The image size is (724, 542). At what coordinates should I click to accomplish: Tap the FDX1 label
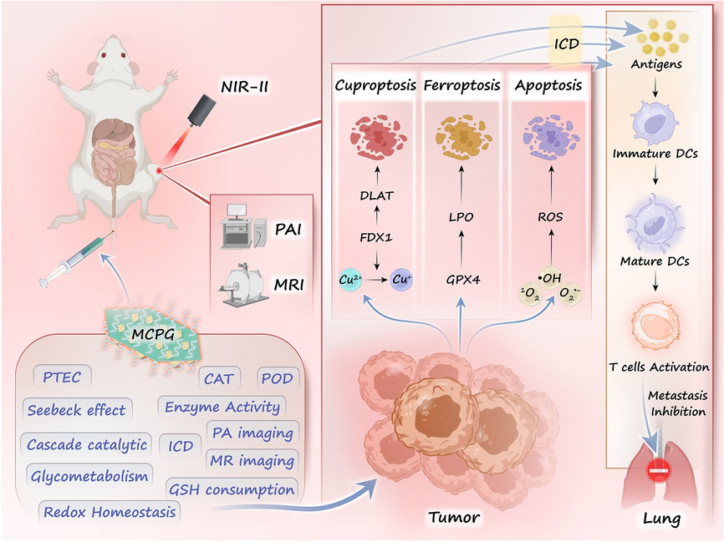[x=377, y=237]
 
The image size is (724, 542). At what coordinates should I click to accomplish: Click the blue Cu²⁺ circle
[x=349, y=282]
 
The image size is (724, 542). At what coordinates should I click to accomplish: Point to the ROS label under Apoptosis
[x=549, y=217]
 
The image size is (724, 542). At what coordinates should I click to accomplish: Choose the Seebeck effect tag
[x=76, y=410]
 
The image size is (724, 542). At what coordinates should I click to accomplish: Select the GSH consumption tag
[x=232, y=490]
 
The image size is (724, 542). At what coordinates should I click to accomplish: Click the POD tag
[x=276, y=378]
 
